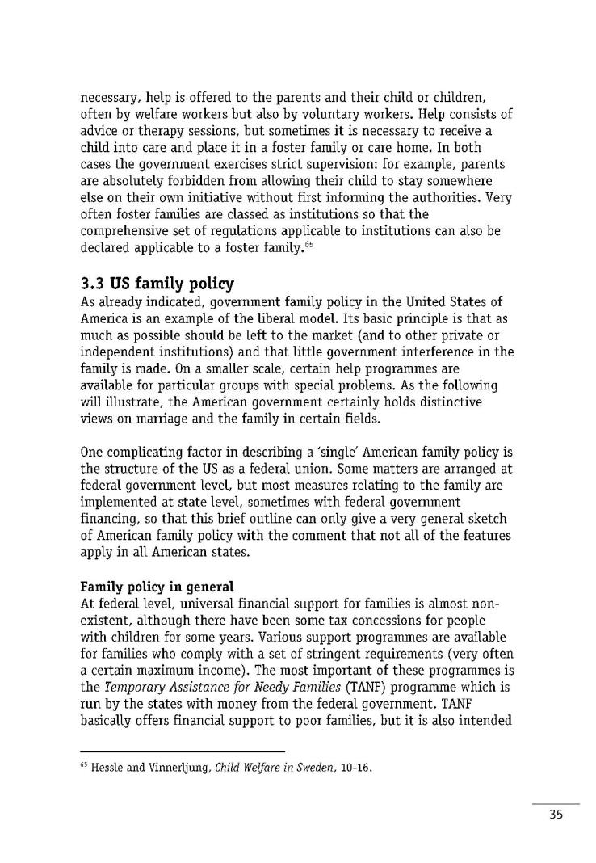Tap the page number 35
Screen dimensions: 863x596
point(555,815)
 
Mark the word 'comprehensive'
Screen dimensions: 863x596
point(129,230)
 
